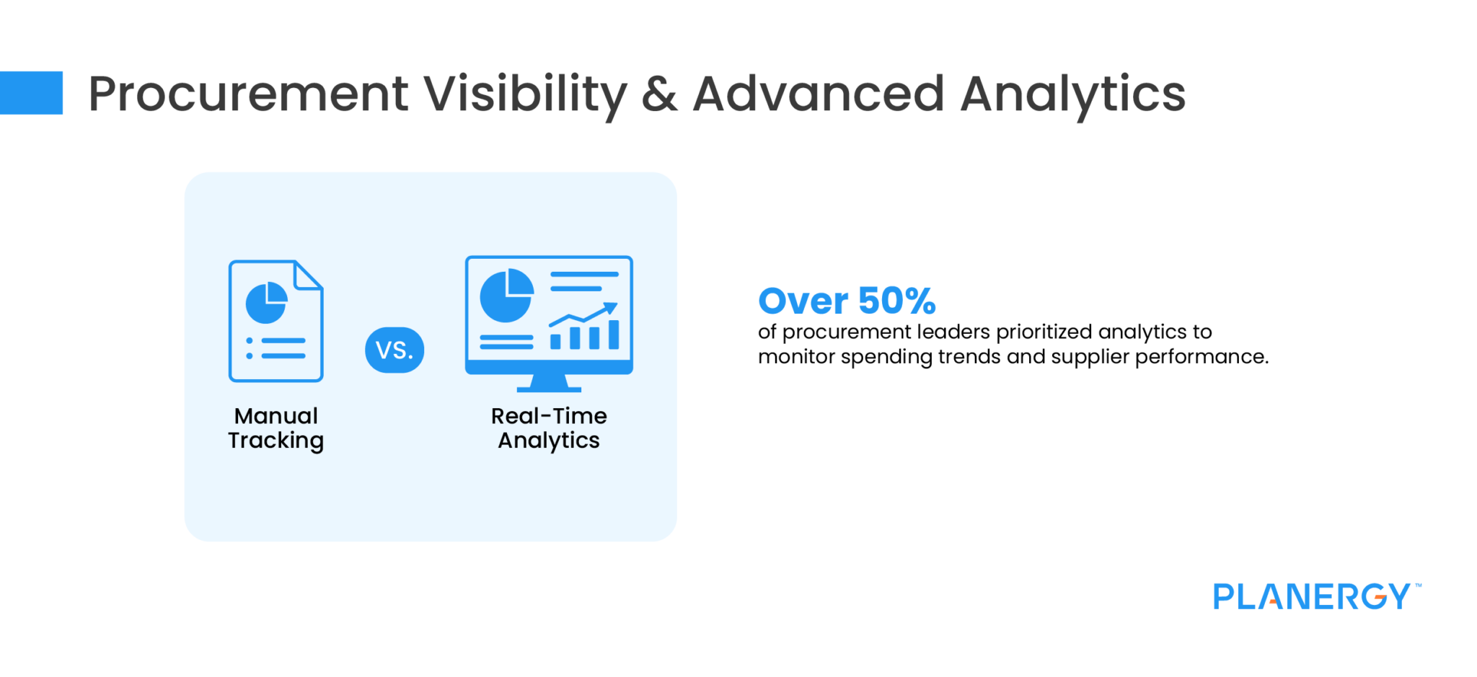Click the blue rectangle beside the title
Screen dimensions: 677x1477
coord(31,93)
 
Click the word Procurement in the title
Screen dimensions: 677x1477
coord(248,94)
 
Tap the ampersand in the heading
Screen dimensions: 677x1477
coord(659,94)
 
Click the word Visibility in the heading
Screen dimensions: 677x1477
coord(524,94)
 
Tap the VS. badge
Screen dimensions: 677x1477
coord(394,350)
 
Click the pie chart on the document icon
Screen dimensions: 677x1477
coord(266,303)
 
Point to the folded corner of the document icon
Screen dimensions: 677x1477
coord(309,275)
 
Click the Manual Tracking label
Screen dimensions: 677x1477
coord(275,428)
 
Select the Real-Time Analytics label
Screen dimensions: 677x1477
coord(549,428)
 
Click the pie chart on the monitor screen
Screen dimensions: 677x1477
coord(506,296)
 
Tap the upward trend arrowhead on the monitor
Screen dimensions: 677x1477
coord(612,309)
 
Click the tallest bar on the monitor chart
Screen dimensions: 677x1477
coord(614,335)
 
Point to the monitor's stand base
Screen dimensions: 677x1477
coord(549,388)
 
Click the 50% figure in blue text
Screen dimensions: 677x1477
coord(896,301)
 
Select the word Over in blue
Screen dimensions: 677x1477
coord(803,301)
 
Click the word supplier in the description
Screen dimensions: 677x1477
coord(1090,357)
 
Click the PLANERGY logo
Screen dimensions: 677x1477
coord(1311,597)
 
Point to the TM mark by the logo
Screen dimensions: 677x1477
coord(1418,585)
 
